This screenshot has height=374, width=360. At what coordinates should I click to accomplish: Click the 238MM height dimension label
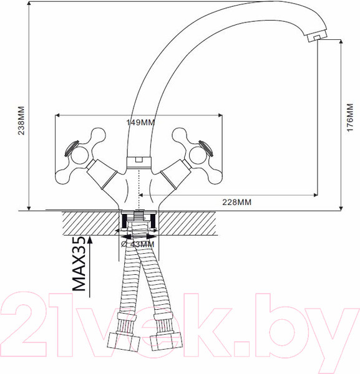pos(21,121)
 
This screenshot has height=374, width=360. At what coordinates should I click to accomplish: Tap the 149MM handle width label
pos(140,123)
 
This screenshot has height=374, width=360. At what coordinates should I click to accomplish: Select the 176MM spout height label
pos(350,117)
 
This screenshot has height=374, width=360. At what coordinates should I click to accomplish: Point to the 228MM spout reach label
pos(237,202)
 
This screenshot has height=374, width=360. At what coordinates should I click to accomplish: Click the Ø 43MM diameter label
pos(137,244)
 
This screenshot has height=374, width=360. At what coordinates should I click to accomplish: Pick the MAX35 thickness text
pos(79,264)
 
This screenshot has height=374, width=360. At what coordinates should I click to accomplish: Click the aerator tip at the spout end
pos(316,37)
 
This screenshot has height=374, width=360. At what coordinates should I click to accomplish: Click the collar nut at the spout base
pos(139,163)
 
